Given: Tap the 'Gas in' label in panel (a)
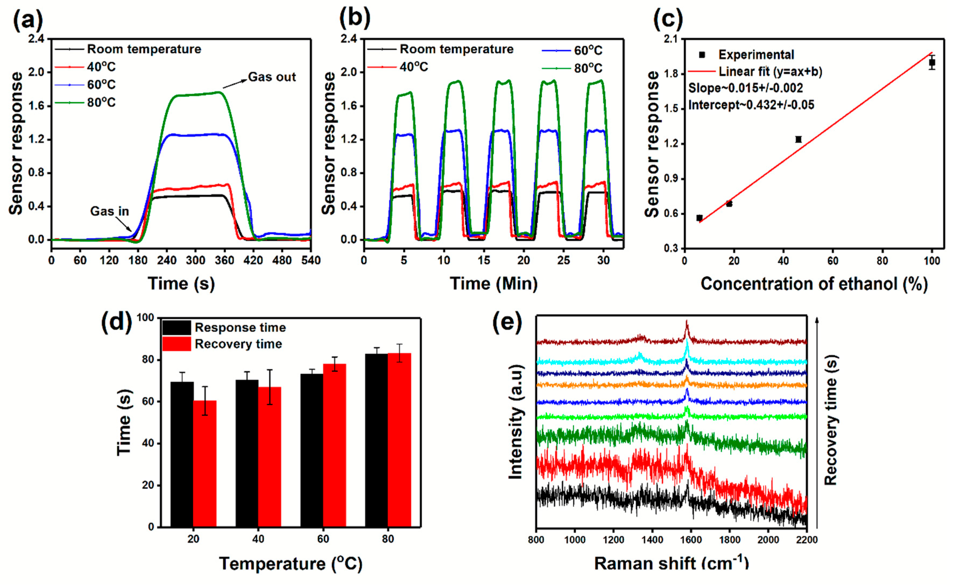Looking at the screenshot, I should (x=109, y=211).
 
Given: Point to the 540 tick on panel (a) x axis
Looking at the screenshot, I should (x=311, y=260).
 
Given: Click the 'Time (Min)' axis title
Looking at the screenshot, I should (x=493, y=284).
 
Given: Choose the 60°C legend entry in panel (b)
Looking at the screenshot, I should (x=588, y=51).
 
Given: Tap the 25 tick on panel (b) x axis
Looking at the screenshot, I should (x=564, y=260).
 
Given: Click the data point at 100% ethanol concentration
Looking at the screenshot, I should (x=932, y=62).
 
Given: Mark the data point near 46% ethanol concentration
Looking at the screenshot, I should (x=799, y=139).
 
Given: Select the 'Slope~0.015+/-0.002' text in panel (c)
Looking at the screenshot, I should (x=745, y=89).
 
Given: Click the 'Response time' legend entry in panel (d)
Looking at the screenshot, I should (x=240, y=328).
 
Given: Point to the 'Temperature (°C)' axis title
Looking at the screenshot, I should (x=291, y=563).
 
